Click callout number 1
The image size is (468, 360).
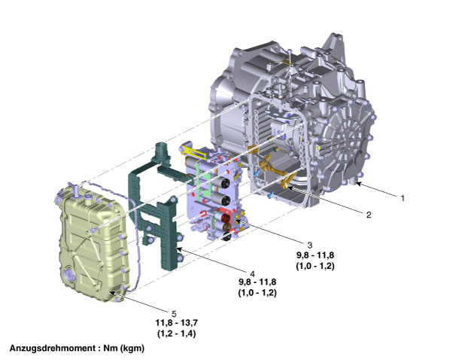coord(403,198)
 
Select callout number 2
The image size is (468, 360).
coord(369,215)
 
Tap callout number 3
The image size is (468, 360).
coord(310,245)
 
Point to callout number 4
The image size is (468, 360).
coord(253,273)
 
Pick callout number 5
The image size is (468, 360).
coord(174,314)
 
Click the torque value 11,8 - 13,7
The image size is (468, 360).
coord(177,323)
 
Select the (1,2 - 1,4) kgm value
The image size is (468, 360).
coord(177,334)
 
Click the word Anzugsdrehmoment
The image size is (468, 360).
coord(52,349)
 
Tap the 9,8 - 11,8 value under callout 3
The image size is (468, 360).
coord(315,255)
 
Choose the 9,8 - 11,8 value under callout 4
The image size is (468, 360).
coord(257,282)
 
